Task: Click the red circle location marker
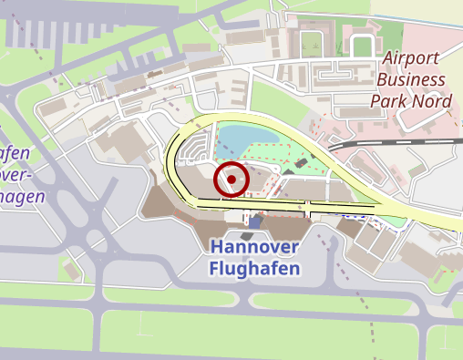point(231,180)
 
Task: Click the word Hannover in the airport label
point(254,248)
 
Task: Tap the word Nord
point(431,100)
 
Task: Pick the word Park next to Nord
point(389,100)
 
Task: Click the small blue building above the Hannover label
point(256,221)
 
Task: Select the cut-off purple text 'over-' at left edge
point(16,173)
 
